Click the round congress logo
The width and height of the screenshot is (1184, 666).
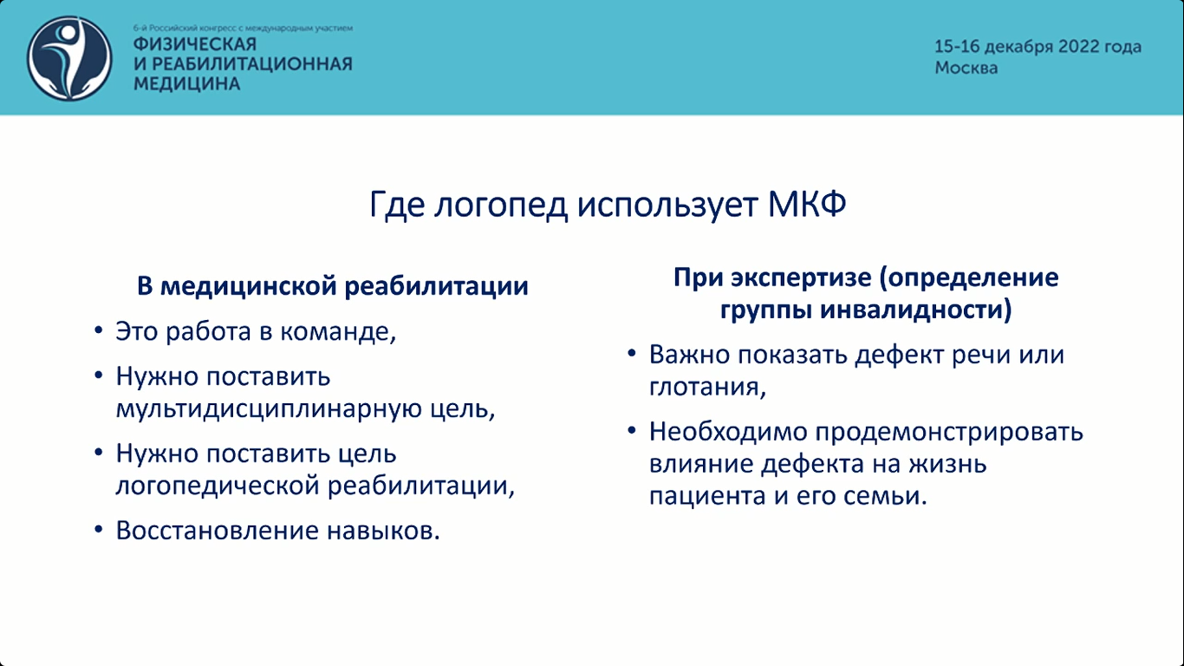pos(69,58)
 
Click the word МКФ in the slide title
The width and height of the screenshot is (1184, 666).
pos(807,204)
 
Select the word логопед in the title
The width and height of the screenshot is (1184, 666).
pos(501,205)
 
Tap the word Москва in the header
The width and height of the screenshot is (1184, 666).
pos(966,68)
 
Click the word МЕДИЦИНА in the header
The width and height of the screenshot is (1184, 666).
pos(187,83)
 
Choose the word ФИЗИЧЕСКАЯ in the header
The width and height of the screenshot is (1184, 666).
pos(194,44)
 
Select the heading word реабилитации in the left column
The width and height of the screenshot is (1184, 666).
pos(437,286)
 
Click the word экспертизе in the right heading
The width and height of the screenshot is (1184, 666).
pos(802,277)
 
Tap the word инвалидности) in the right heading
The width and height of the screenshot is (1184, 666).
pos(916,310)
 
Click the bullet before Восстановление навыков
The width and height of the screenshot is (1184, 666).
pos(98,530)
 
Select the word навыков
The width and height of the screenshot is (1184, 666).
pos(383,531)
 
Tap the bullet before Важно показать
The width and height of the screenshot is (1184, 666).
pos(632,354)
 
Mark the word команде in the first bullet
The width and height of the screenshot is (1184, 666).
pos(338,332)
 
